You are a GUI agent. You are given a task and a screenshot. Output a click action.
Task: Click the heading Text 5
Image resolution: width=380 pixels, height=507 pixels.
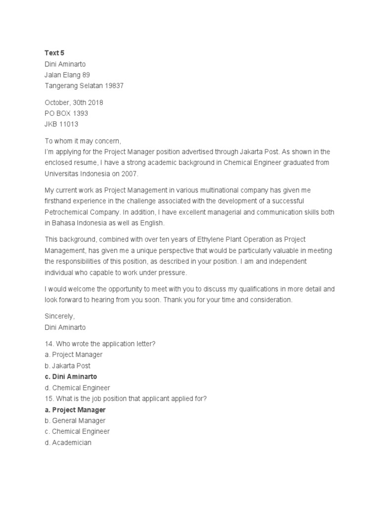pos(54,52)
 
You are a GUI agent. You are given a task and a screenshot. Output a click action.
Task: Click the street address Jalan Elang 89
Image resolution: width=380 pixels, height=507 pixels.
pos(67,75)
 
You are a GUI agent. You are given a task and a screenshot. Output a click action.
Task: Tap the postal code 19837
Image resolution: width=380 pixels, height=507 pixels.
pos(114,86)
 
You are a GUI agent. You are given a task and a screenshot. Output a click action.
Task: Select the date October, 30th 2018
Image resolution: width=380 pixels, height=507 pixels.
pos(74,102)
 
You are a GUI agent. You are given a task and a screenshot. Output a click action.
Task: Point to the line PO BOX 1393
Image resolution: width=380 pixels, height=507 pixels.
pos(66,113)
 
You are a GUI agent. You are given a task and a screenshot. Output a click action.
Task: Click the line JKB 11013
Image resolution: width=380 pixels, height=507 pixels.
pos(61,124)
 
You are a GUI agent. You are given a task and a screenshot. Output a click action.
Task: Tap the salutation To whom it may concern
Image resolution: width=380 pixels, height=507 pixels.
pos(83,141)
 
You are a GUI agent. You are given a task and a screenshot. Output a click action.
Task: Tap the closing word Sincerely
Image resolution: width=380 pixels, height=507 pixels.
pos(59,316)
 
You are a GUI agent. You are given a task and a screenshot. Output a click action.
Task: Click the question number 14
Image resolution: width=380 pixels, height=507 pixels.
pos(49,344)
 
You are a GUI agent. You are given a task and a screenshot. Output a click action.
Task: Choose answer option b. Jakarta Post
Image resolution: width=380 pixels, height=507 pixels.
pos(67,365)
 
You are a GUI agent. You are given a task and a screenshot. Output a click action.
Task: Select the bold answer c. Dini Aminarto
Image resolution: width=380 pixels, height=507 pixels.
pos(71,377)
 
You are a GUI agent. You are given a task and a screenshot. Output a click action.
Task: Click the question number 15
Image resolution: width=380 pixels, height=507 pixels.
pos(49,399)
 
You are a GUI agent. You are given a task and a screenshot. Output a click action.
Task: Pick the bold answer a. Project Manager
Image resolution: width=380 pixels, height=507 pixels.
pos(75,410)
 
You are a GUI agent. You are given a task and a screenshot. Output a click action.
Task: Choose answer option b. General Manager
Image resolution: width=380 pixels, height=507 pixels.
pos(75,421)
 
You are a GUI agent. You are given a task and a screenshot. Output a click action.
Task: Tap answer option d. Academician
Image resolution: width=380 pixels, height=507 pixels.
pos(68,443)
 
